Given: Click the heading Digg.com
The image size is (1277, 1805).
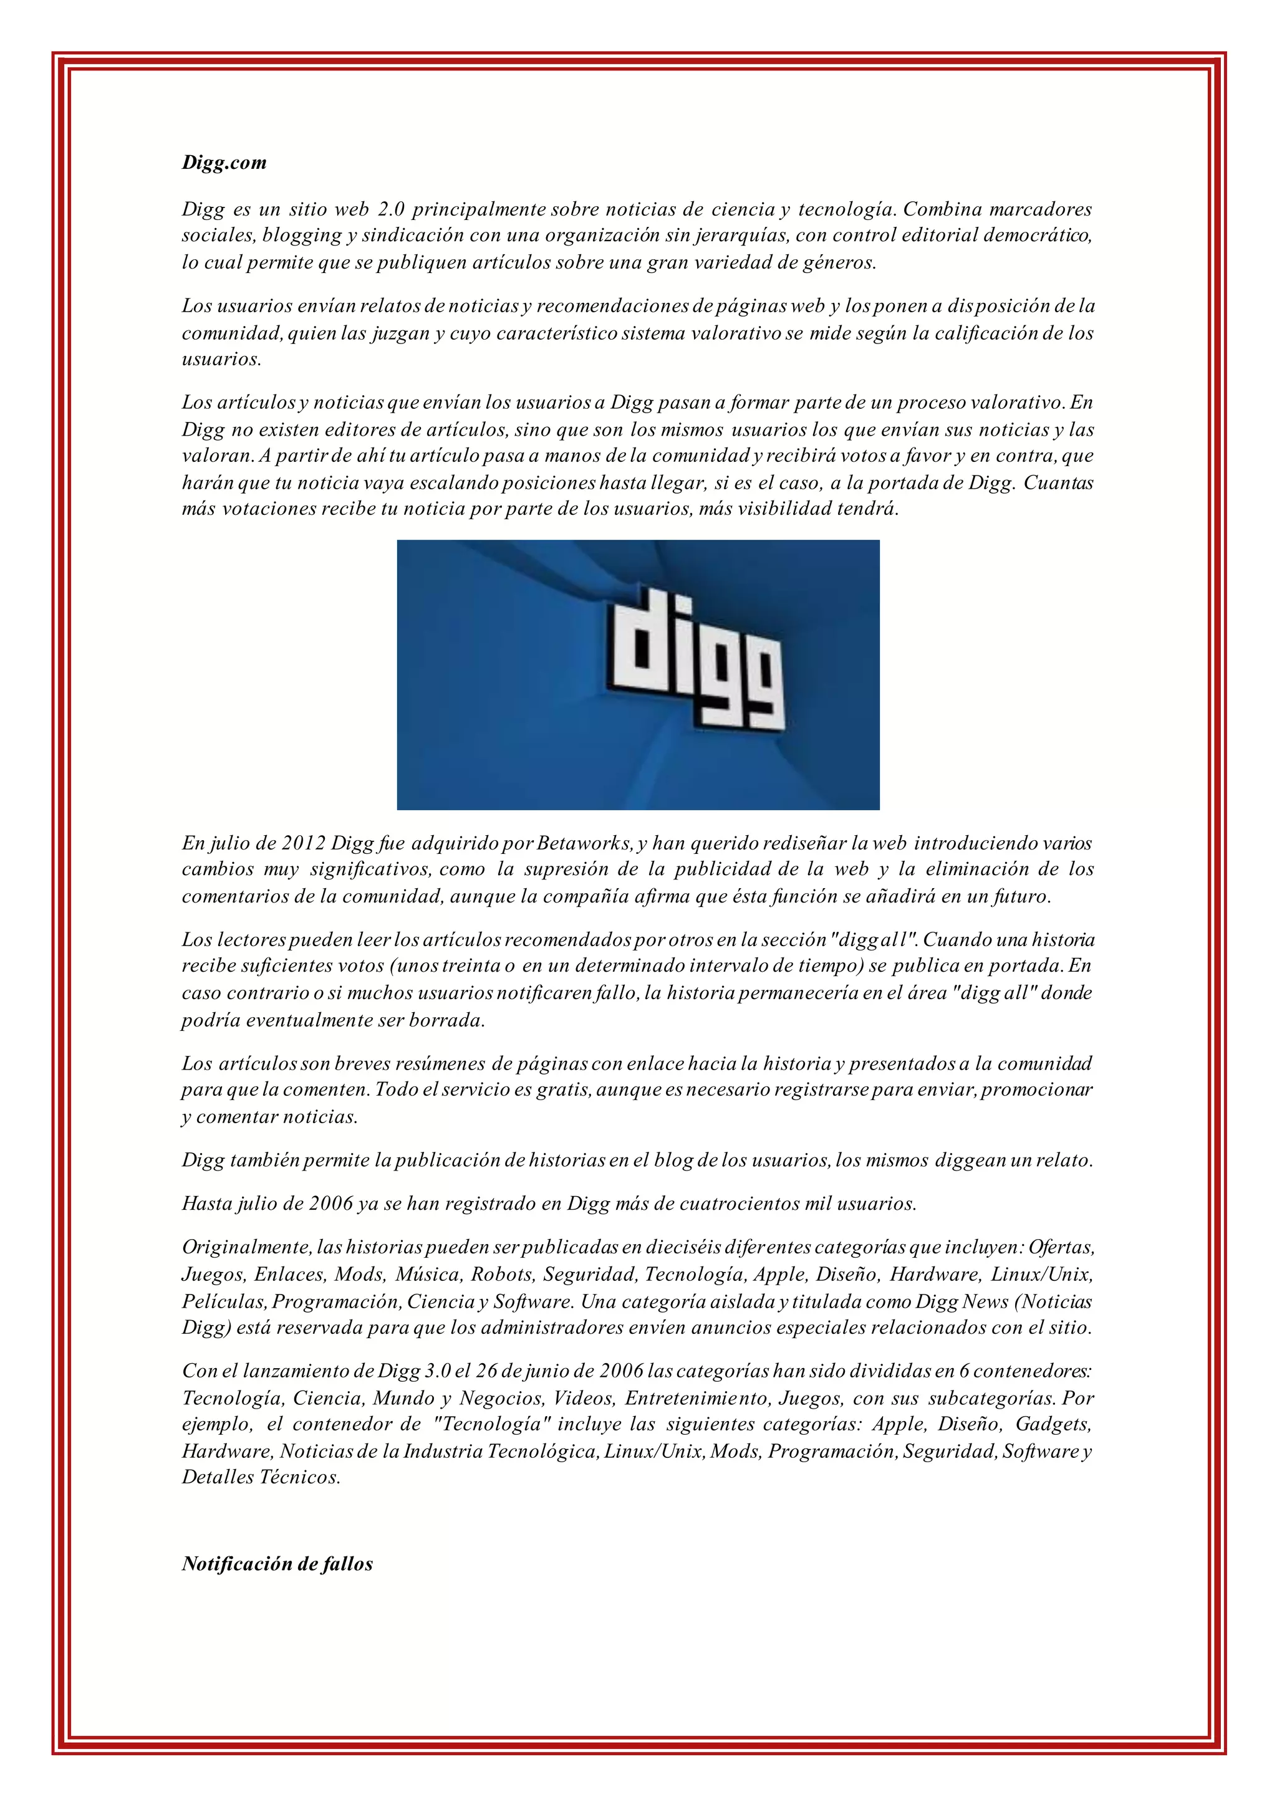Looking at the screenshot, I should (224, 163).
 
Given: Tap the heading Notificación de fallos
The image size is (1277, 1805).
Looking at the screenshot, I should (277, 1579).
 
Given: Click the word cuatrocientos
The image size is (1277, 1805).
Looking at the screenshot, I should (739, 1204).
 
